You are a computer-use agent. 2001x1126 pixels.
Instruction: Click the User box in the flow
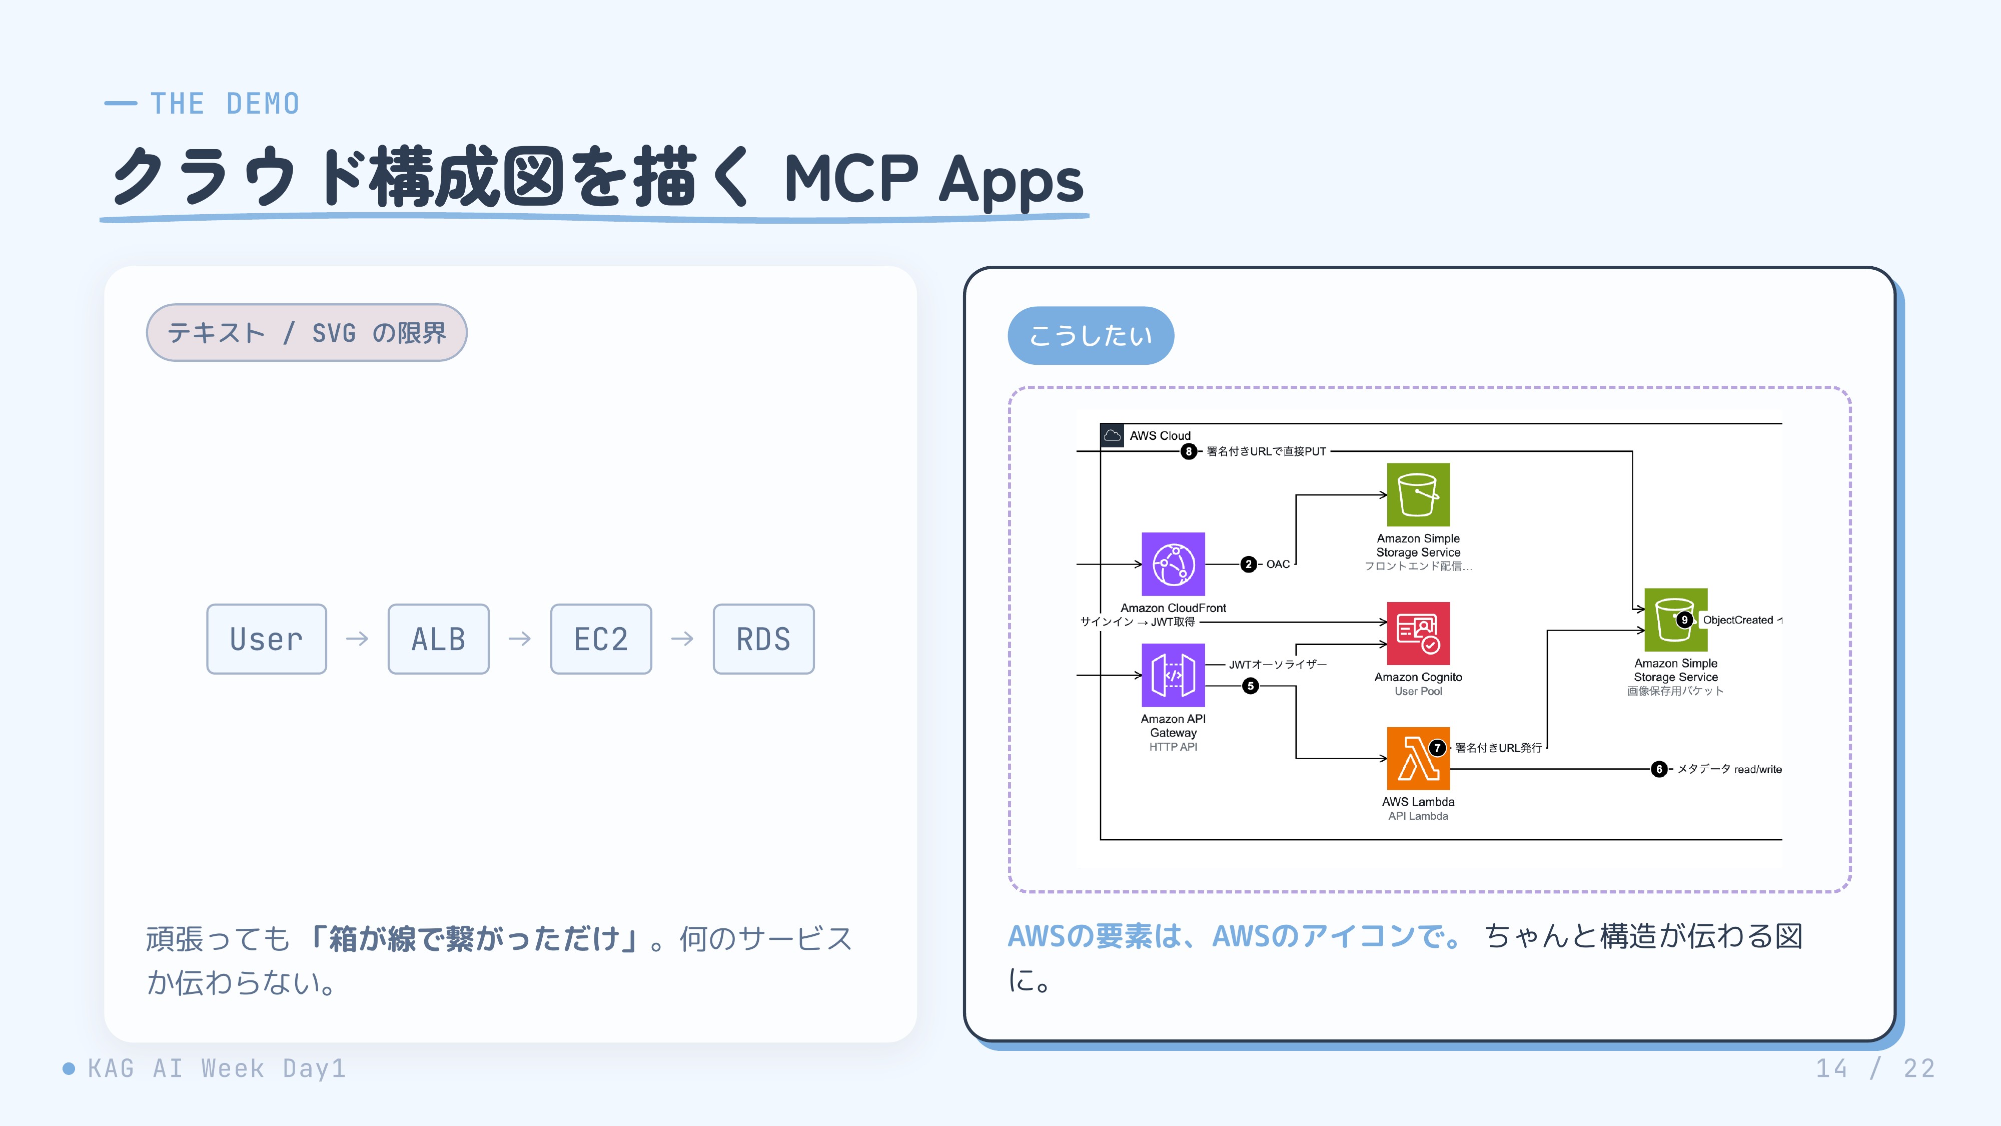pos(267,639)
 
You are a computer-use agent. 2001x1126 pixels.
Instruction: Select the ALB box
pos(438,639)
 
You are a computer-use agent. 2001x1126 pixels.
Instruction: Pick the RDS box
pos(763,639)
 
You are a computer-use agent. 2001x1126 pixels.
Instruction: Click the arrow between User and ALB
pos(357,639)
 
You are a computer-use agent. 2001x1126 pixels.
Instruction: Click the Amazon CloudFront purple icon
pos(1173,564)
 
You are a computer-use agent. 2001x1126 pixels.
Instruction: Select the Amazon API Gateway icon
pos(1173,675)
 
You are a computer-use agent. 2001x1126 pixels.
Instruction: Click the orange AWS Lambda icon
pos(1418,759)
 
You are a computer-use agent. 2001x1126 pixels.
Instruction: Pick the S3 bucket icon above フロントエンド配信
pos(1418,495)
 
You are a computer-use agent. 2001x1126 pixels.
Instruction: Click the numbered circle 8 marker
pos(1189,451)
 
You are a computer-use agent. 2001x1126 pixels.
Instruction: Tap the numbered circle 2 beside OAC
pos(1248,564)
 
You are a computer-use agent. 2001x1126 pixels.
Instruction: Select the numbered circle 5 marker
pos(1251,686)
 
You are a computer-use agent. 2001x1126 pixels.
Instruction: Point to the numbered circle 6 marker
pos(1659,769)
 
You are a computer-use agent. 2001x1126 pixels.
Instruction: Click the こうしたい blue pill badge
pos(1091,336)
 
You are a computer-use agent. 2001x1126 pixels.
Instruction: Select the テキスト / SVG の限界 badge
pos(307,333)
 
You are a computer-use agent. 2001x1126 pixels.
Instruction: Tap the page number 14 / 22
pos(1875,1068)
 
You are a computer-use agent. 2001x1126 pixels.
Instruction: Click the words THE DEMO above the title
pos(225,104)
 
